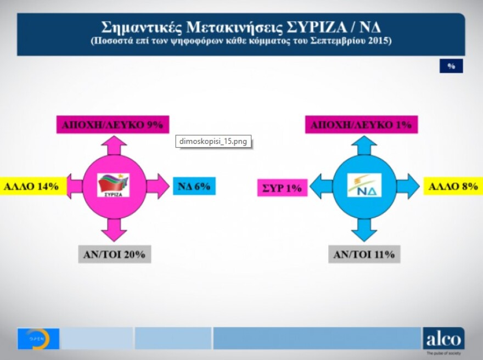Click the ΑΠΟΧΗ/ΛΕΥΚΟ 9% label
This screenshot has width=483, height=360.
(113, 125)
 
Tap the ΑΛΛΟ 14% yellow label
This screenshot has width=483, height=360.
(32, 187)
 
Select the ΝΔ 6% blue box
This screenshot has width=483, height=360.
(194, 187)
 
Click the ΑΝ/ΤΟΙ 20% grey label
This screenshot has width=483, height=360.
(114, 255)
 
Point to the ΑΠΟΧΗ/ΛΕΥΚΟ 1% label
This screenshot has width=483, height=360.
(361, 125)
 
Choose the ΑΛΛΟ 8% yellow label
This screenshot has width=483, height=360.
(453, 187)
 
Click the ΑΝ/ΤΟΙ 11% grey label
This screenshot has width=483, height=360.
(364, 255)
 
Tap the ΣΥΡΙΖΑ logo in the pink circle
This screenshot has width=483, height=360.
(114, 185)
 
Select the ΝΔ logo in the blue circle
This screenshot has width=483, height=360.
(364, 185)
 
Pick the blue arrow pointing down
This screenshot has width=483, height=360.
(364, 230)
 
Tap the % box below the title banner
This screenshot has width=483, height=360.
(451, 66)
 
